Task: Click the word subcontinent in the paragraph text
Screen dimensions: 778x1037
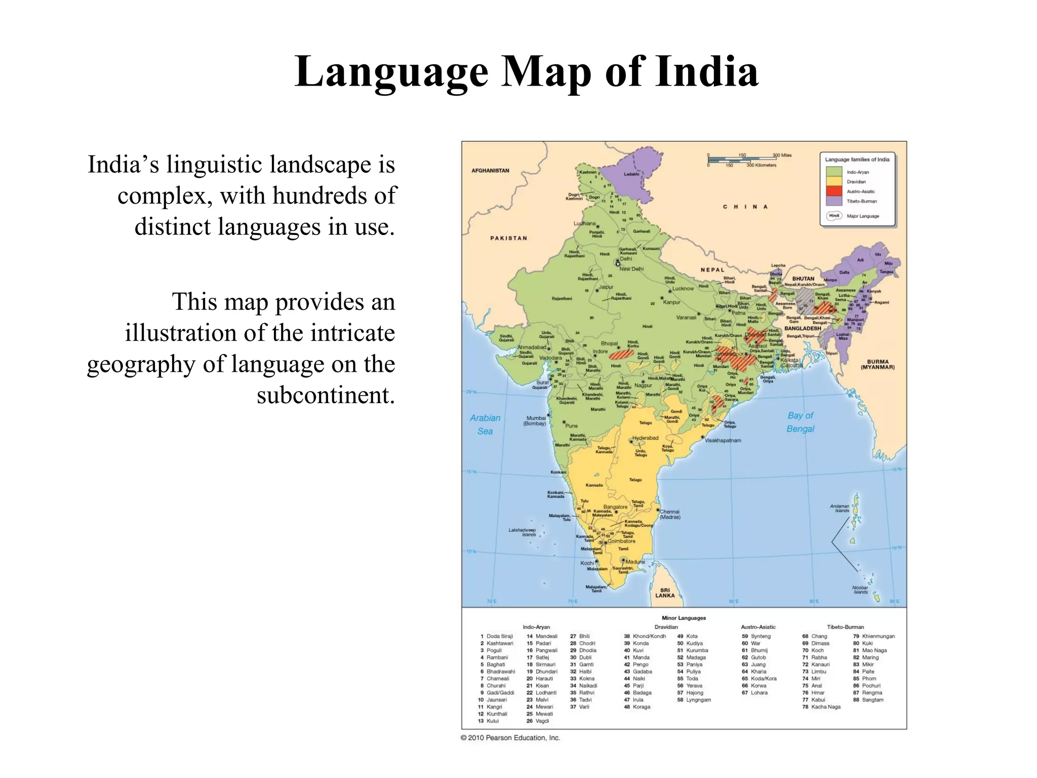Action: (325, 395)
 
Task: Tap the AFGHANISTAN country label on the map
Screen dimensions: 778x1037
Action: (490, 171)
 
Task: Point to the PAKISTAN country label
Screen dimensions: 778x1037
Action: (508, 238)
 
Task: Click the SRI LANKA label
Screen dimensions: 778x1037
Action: (665, 593)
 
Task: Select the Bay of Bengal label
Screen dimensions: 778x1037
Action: (800, 422)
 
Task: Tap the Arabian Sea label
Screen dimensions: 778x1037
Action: (485, 424)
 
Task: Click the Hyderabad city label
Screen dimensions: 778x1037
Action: (645, 438)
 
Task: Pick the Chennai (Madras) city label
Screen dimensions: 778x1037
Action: (669, 514)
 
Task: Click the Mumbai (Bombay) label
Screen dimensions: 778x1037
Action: (535, 421)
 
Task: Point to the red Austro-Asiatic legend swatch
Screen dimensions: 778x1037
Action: (834, 191)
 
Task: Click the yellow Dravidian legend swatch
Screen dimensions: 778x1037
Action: (834, 181)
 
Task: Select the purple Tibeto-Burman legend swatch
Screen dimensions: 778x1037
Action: (834, 201)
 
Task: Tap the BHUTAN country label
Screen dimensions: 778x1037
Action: (803, 279)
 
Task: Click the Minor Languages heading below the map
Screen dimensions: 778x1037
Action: (684, 618)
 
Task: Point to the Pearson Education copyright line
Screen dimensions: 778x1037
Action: (510, 737)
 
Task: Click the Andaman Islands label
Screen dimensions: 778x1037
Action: (840, 508)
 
